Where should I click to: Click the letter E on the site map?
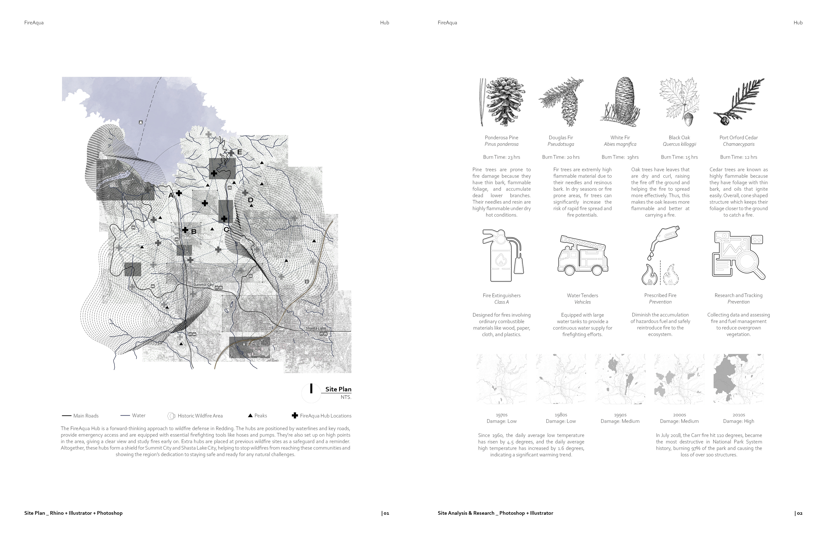point(239,152)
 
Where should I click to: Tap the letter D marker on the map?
point(250,200)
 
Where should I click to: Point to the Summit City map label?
point(204,285)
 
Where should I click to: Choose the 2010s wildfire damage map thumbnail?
point(738,379)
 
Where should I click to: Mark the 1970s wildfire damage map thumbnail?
point(501,379)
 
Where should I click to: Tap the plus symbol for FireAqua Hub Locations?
point(295,416)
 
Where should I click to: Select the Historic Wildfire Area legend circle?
point(171,416)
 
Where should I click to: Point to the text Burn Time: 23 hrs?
point(501,157)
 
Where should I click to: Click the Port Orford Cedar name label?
point(738,138)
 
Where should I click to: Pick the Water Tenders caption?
point(582,295)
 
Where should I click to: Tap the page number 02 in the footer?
point(799,513)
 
